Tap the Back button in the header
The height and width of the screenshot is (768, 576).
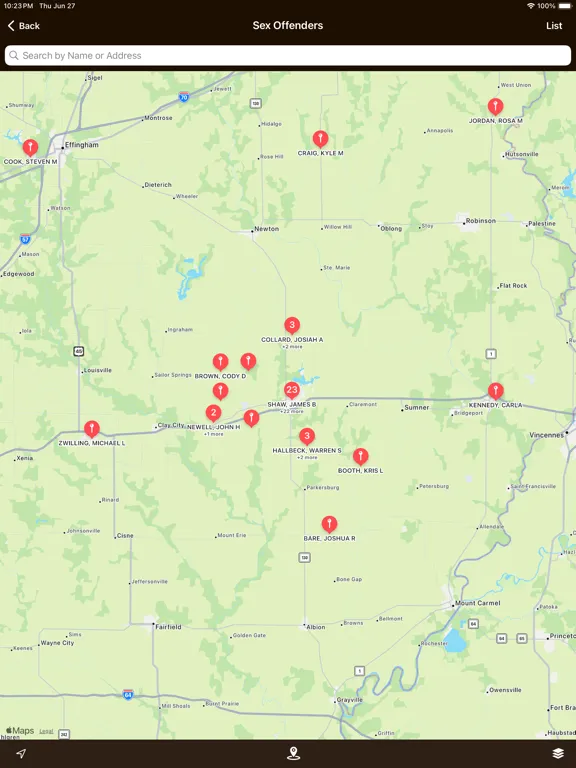24,26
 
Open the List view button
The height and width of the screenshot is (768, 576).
554,26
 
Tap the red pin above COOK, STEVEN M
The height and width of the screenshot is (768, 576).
31,147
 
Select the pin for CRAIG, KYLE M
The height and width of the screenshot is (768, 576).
320,139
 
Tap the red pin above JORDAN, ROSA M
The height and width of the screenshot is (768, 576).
495,106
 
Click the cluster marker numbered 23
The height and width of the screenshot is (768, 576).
291,390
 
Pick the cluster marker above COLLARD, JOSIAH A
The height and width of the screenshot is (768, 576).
292,325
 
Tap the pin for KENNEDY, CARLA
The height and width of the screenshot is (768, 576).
495,391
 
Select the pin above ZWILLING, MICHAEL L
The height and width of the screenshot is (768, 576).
92,429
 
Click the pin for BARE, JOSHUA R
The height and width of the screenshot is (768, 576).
329,524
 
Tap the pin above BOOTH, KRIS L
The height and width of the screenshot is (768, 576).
360,456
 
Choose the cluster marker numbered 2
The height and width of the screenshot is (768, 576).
214,412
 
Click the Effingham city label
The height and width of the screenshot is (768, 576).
82,145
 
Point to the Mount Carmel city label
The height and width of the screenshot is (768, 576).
477,604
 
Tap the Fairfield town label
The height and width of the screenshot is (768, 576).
168,627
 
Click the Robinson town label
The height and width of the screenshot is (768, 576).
480,221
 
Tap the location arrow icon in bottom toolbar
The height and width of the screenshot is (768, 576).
20,753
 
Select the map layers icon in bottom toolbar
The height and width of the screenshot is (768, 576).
558,753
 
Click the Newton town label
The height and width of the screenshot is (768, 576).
266,229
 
